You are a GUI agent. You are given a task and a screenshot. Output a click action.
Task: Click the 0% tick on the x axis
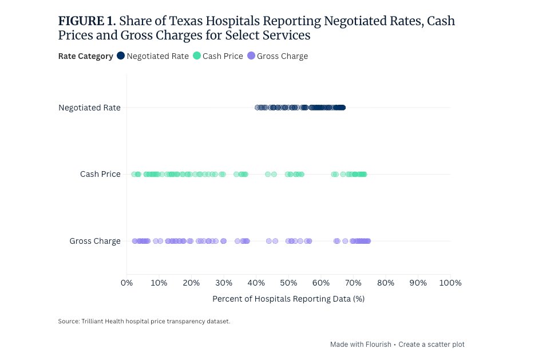point(126,283)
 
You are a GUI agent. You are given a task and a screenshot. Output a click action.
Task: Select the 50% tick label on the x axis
point(288,283)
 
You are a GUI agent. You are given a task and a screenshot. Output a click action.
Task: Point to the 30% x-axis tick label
point(224,283)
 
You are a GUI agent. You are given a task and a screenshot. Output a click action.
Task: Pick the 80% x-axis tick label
point(386,283)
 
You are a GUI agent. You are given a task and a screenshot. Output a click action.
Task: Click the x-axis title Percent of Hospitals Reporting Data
point(288,299)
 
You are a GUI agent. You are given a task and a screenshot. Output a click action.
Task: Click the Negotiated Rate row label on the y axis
point(89,108)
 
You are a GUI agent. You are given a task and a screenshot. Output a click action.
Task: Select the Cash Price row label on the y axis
point(100,174)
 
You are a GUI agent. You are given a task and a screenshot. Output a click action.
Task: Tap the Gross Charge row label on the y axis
point(95,241)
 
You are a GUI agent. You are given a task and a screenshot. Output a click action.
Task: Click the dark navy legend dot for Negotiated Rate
point(121,56)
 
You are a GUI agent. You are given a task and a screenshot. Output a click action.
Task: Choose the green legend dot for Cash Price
point(197,56)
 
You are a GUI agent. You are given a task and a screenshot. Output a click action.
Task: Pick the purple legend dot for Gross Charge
point(251,56)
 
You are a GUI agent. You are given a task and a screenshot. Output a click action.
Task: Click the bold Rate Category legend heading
point(86,56)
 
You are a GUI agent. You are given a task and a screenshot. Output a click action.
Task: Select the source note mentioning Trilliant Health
point(144,322)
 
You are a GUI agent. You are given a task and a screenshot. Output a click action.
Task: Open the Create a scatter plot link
point(432,345)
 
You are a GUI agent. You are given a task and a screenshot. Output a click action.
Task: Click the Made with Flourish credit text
point(361,345)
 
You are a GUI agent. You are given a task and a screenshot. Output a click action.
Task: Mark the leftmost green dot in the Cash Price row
point(134,174)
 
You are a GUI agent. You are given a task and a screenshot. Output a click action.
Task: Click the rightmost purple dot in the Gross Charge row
point(367,241)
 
